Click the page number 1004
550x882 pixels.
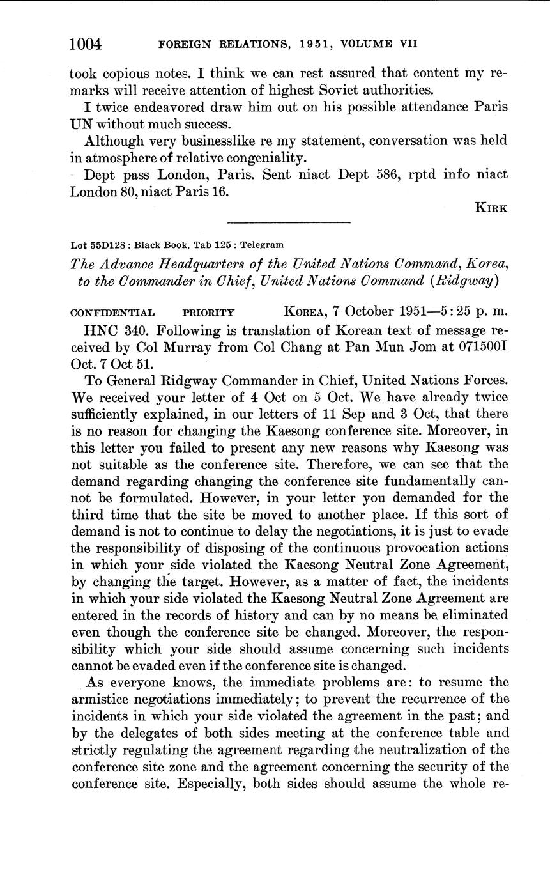point(86,43)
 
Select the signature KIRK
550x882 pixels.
point(492,207)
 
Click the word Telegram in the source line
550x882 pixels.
point(264,245)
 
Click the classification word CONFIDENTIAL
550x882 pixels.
point(112,313)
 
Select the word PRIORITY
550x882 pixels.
point(208,313)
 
